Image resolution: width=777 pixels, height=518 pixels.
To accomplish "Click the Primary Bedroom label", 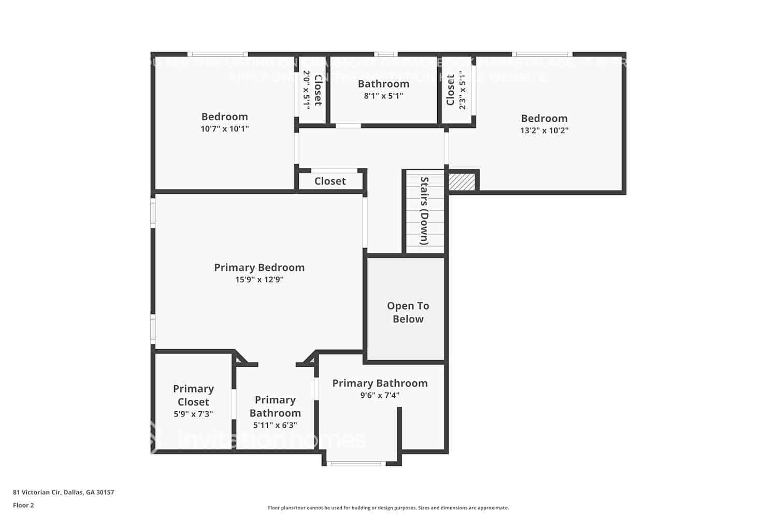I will point(259,267).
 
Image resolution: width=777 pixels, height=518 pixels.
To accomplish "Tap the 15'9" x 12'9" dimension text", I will point(259,280).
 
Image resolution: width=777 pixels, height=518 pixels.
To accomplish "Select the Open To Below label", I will point(408,312).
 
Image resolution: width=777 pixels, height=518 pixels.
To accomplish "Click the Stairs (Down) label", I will point(424,211).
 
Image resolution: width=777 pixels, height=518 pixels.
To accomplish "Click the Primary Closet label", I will point(193,395).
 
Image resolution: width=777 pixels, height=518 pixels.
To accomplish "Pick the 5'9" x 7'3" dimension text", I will point(193,414).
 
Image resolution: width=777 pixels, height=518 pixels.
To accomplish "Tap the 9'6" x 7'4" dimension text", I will point(380,395).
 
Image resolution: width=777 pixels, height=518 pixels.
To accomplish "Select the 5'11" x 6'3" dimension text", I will point(275,425).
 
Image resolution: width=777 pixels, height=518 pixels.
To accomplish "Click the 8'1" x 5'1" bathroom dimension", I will point(383,96).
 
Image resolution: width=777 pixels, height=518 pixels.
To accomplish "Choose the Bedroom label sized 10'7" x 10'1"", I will point(224,117).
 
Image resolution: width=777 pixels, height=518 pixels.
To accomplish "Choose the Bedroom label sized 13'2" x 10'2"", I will point(544,118).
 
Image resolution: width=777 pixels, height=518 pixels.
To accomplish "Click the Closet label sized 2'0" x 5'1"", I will point(318,90).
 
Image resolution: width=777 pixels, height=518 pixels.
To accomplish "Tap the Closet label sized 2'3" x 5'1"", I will point(450,90).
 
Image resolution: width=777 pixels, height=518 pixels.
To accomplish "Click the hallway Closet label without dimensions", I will point(330,181).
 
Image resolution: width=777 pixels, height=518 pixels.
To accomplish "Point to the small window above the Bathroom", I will point(385,54).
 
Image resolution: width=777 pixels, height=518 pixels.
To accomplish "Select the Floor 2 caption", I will point(23,505).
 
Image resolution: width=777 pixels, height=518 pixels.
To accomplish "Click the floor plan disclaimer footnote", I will point(388,508).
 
